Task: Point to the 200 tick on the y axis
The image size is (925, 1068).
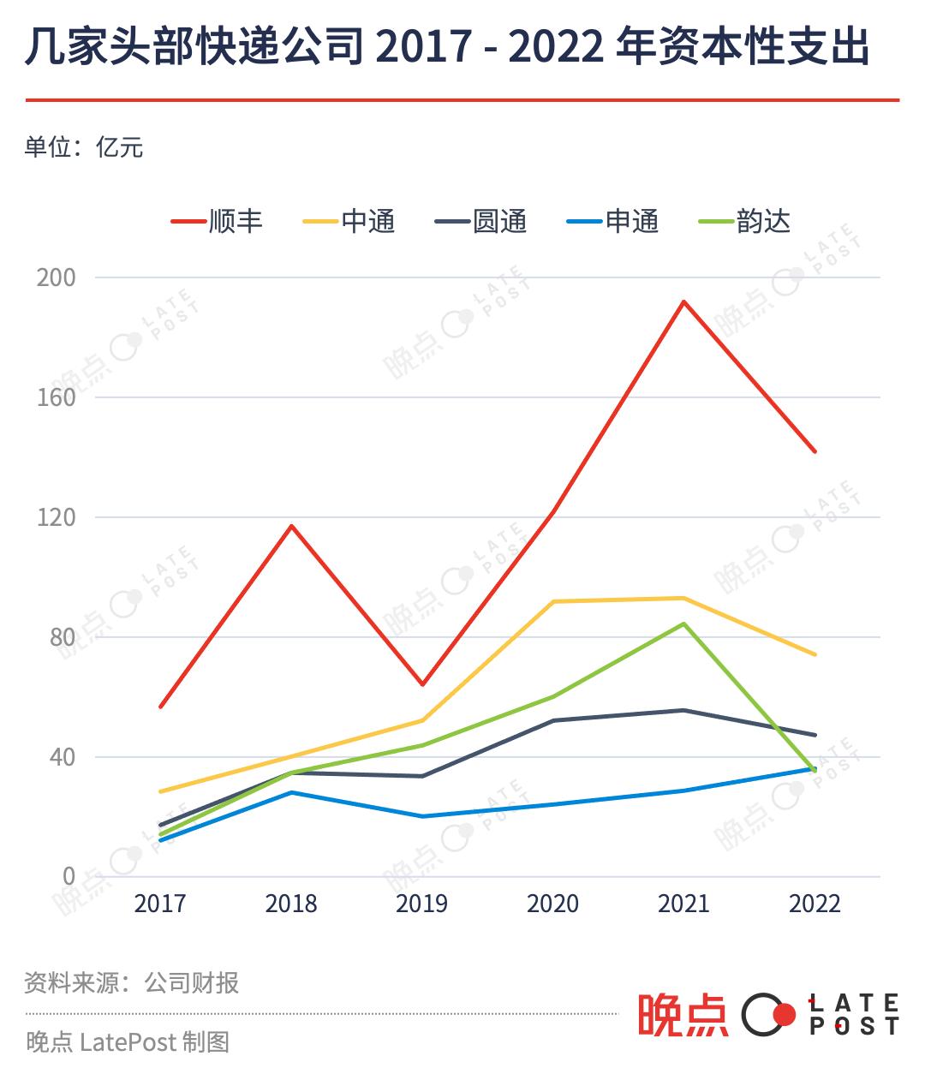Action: pos(57,277)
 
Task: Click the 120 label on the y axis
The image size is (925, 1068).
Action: pos(57,517)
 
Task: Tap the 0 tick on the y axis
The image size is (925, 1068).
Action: pos(69,876)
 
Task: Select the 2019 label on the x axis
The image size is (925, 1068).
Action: pos(421,904)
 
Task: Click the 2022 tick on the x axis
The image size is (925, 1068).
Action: pos(815,904)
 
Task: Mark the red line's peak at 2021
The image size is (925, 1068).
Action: pos(683,301)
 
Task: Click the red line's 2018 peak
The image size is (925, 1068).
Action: pos(291,526)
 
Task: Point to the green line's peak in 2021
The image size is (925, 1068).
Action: pos(683,623)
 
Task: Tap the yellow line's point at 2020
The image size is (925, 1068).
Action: pos(553,601)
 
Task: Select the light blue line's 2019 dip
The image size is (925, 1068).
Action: pos(421,816)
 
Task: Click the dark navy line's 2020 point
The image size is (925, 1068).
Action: pos(553,720)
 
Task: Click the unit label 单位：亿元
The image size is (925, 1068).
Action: pos(83,148)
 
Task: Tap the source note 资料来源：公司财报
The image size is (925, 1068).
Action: pos(131,982)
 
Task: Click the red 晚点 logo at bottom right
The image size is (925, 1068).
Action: pos(682,1015)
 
